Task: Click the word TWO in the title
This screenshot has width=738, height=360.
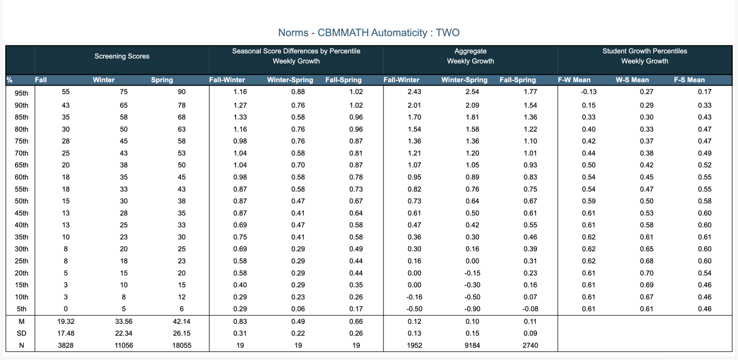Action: (x=447, y=32)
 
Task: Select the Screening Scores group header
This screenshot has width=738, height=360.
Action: (x=122, y=56)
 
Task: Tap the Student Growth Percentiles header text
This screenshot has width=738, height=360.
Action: (x=645, y=51)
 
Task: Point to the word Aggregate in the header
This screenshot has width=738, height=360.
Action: (x=471, y=51)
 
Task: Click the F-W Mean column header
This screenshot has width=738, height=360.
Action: (x=574, y=80)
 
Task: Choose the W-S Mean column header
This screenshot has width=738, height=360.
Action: (x=632, y=80)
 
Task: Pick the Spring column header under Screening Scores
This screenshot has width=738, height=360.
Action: (x=162, y=80)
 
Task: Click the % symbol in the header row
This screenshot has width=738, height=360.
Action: (x=9, y=80)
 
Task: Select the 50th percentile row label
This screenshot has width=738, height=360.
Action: (x=22, y=201)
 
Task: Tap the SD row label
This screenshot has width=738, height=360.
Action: (x=22, y=333)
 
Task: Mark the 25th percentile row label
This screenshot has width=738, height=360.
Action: (x=22, y=261)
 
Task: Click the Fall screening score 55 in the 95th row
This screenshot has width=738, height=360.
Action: (x=66, y=92)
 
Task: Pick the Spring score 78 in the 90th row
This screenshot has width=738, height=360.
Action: (x=181, y=106)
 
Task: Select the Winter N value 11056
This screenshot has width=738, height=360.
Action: (x=124, y=346)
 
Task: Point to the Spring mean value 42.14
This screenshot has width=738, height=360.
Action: (x=181, y=321)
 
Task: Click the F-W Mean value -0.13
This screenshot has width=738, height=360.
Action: (x=589, y=92)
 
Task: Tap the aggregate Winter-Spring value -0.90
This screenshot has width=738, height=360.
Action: (x=472, y=309)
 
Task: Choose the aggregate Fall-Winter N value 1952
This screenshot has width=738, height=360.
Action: (x=414, y=346)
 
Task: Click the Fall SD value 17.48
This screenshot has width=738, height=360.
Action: (x=66, y=333)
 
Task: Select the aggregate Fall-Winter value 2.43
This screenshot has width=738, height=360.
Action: (x=414, y=92)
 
